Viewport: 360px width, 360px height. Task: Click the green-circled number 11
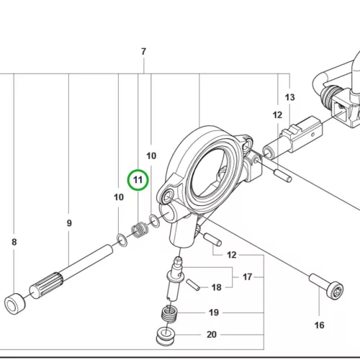[x=138, y=180]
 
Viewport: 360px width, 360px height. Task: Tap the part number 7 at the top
[x=143, y=51]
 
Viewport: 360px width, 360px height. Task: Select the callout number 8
[x=14, y=242]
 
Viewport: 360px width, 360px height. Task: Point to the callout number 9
[x=69, y=223]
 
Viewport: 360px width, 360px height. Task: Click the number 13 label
[x=289, y=97]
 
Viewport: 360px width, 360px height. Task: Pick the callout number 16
[x=319, y=325]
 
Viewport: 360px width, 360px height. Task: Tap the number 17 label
[x=247, y=276]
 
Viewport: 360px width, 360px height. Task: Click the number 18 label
[x=216, y=287]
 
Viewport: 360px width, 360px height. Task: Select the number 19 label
[x=214, y=312]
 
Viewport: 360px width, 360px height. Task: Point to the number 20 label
[x=212, y=334]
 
